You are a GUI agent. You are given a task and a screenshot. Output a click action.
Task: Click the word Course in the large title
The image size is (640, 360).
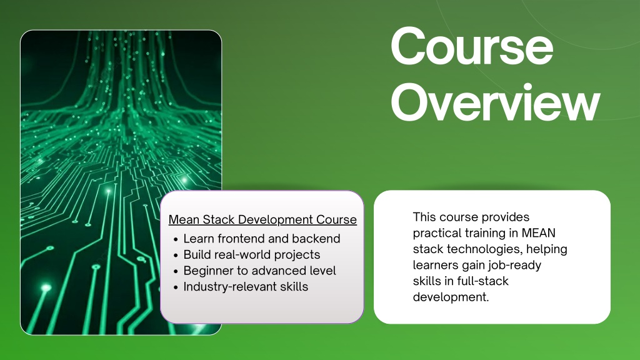click(x=472, y=47)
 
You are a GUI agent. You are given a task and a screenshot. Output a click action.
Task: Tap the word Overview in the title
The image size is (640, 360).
click(x=496, y=103)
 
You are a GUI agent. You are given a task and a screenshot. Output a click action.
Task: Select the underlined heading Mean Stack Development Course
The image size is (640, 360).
click(x=262, y=219)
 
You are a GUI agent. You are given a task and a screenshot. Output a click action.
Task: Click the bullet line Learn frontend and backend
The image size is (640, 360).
click(x=262, y=238)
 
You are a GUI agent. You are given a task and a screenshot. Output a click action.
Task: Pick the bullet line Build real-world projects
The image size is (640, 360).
click(x=251, y=255)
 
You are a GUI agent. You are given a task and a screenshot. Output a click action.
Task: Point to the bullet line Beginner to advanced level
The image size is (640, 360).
click(x=259, y=271)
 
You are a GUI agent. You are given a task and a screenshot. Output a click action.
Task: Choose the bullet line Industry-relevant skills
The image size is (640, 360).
click(x=246, y=286)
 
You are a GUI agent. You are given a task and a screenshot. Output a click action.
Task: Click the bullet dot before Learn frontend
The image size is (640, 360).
click(x=176, y=239)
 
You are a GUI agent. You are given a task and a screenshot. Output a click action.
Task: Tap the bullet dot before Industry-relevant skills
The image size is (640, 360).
click(x=176, y=287)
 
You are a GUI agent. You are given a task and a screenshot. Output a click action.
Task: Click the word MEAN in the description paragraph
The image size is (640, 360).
click(x=538, y=233)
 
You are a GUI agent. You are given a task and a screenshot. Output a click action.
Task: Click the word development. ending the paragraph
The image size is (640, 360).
click(x=451, y=297)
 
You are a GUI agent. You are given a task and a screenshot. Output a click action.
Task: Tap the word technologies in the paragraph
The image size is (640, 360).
click(x=485, y=249)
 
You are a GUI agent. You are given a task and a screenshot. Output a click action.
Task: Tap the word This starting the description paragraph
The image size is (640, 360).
click(x=424, y=217)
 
